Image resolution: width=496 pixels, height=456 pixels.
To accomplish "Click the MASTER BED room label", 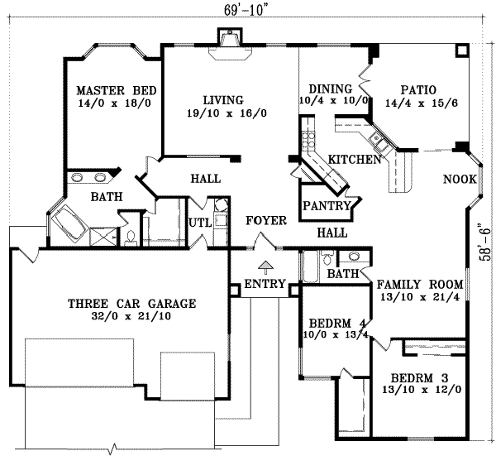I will pos(112,90).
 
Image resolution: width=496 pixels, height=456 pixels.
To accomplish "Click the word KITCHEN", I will pos(355,158).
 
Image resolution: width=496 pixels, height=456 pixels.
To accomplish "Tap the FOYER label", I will pos(265,221).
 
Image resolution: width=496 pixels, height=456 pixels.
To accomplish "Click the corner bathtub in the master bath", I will pos(69,223).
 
